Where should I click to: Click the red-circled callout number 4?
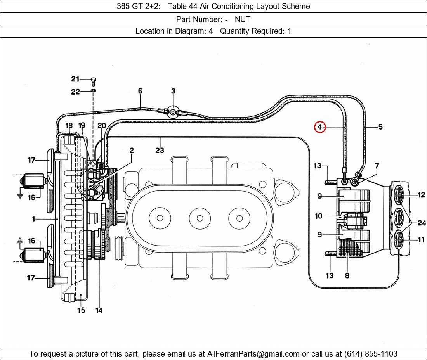tap(319, 127)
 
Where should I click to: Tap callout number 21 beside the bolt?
tap(75, 79)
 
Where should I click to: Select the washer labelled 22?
tap(94, 91)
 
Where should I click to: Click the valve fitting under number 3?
tap(173, 111)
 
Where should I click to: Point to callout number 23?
tap(160, 150)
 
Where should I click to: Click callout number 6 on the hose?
tap(140, 91)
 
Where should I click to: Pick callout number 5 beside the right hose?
tap(380, 127)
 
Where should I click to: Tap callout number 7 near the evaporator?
tap(377, 166)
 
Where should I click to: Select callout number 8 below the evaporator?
tap(347, 276)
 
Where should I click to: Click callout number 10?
tap(318, 216)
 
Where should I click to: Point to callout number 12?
tap(421, 195)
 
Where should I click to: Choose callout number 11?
tap(421, 240)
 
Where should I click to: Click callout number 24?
tap(422, 223)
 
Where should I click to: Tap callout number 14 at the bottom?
tap(99, 310)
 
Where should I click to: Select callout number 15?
tap(81, 310)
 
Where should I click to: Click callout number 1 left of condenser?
tap(34, 219)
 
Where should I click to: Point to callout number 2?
tap(132, 150)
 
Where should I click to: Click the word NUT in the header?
tap(242, 19)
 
